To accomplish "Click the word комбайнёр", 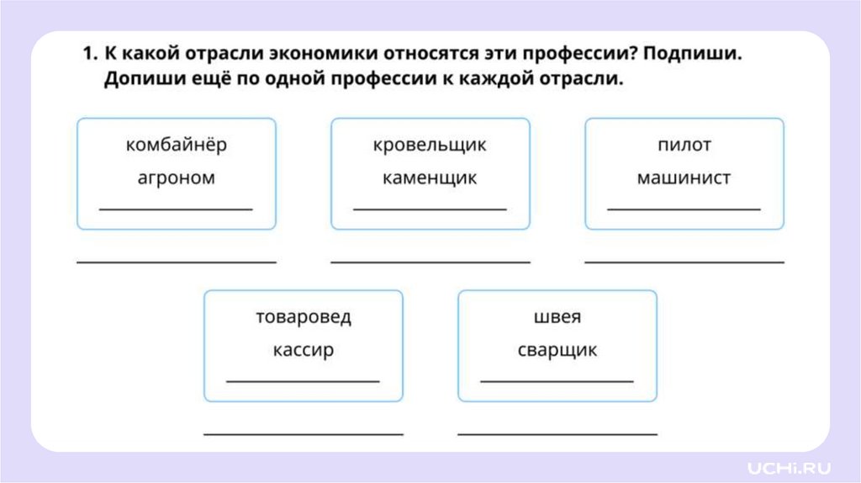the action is (x=177, y=145).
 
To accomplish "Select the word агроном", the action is (x=177, y=178).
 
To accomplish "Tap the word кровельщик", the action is (x=430, y=145).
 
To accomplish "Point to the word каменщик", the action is (x=430, y=178).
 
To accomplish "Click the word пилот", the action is (x=684, y=145).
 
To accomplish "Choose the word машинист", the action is (x=684, y=178).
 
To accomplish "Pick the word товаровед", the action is (x=304, y=317).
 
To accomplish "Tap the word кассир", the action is (x=304, y=350).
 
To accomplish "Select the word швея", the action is (x=557, y=317).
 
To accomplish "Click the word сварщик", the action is (x=557, y=350).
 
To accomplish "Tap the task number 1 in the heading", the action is (x=87, y=54).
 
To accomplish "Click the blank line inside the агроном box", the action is (x=177, y=208).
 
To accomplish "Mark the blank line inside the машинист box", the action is (x=684, y=208).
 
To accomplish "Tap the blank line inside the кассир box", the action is (x=304, y=381).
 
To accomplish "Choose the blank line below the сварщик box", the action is (x=557, y=434).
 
